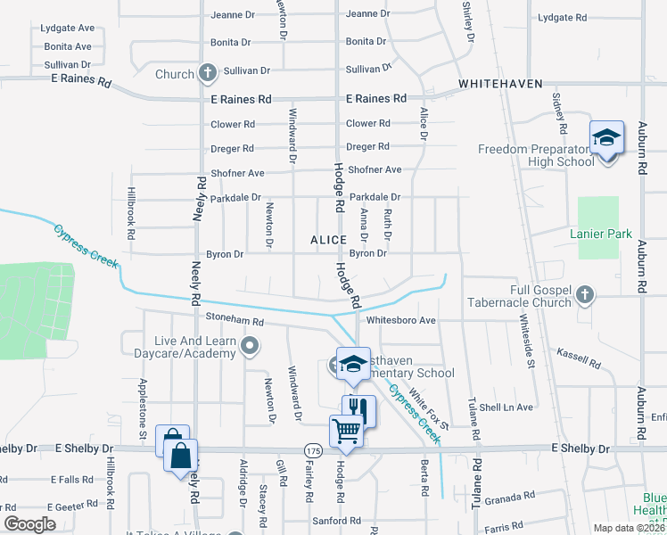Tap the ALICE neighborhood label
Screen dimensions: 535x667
pyautogui.click(x=328, y=241)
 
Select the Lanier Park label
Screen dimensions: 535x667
pyautogui.click(x=601, y=235)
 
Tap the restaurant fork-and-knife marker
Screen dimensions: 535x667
pyautogui.click(x=358, y=409)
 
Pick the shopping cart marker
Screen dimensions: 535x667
pyautogui.click(x=347, y=431)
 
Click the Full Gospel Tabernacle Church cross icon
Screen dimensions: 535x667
pyautogui.click(x=584, y=293)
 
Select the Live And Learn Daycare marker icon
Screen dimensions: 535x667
pyautogui.click(x=251, y=345)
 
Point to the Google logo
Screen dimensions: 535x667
pyautogui.click(x=30, y=524)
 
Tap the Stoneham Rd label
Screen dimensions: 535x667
pyautogui.click(x=235, y=321)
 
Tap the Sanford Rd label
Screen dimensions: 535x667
pyautogui.click(x=336, y=520)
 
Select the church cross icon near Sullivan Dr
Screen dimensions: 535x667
pyautogui.click(x=208, y=72)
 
